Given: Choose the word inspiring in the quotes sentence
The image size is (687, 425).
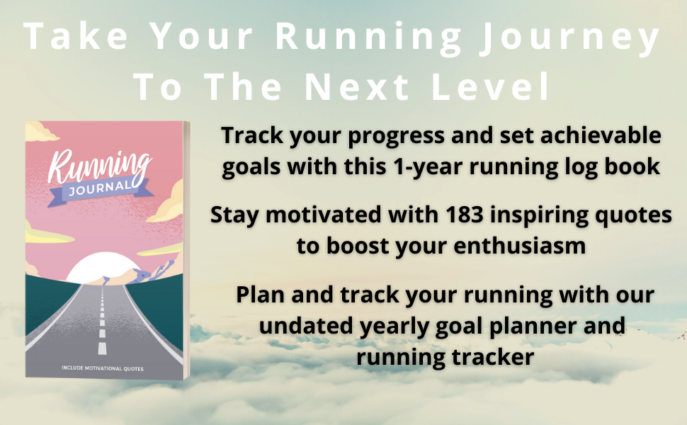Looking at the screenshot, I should [530, 216].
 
